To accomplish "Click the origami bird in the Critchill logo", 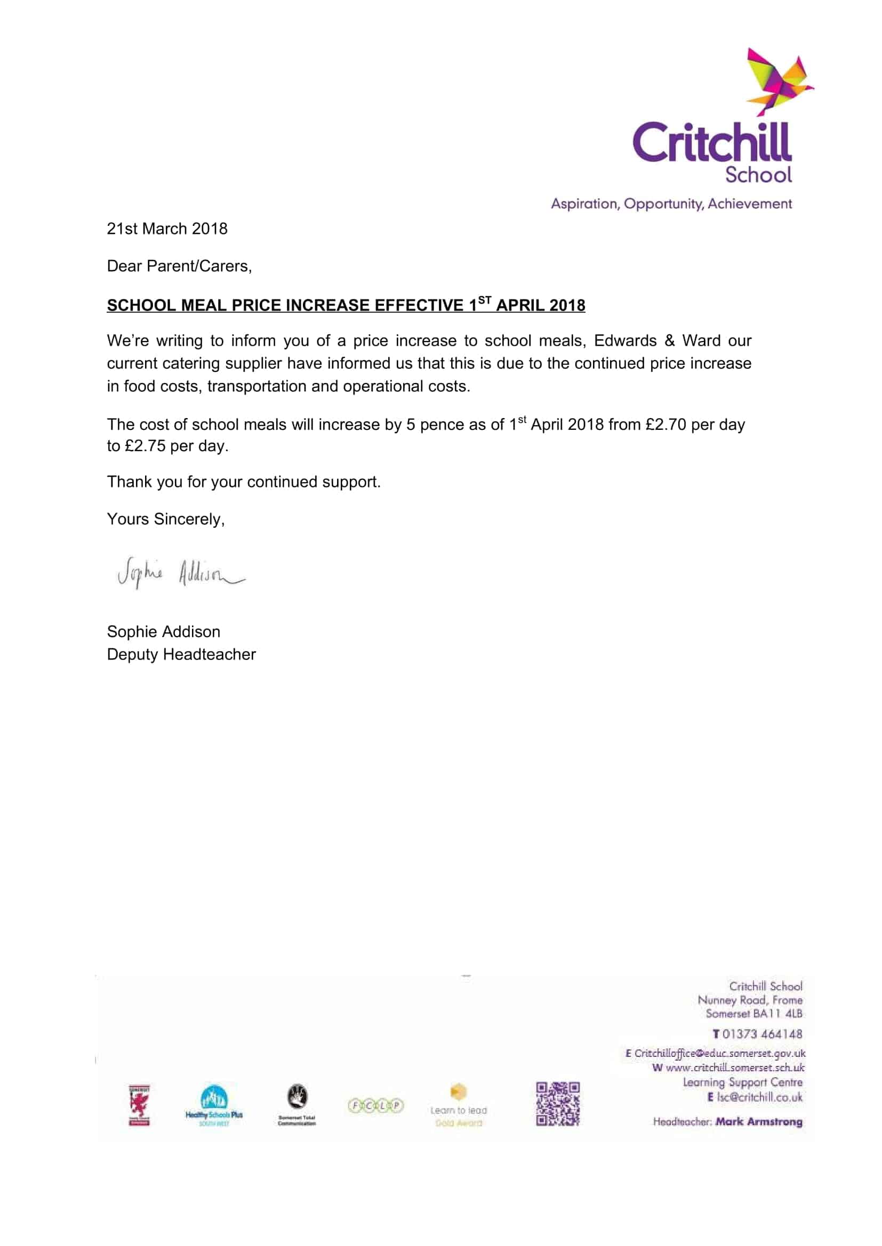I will [x=777, y=82].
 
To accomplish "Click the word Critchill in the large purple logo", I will [x=711, y=143].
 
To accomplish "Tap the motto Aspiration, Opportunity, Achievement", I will [x=671, y=204].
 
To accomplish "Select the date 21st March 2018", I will [x=167, y=229].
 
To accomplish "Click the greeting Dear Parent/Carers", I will [x=179, y=266].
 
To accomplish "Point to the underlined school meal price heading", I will [x=346, y=306].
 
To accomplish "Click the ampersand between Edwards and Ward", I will [x=669, y=341].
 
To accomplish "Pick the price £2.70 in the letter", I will [x=666, y=425].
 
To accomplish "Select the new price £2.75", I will [x=145, y=446].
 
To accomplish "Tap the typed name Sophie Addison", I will [x=164, y=632].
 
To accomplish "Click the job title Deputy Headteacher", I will [x=181, y=655].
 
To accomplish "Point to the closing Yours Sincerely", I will [x=166, y=519].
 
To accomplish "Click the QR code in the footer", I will [x=558, y=1104].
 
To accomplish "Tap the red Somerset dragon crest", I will [x=139, y=1105].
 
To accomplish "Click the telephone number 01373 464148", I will [x=761, y=1034].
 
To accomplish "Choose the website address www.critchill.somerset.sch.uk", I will [x=735, y=1068].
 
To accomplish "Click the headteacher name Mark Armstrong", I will [x=759, y=1122].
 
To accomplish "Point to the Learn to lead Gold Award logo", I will [x=459, y=1105].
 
